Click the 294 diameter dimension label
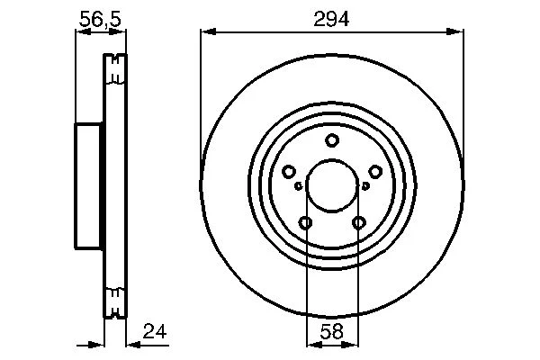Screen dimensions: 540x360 [331, 19]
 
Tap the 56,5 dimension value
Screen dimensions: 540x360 [100, 19]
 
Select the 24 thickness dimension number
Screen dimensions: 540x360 [155, 331]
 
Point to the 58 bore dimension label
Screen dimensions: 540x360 [331, 332]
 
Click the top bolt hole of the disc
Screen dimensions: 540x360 [332, 140]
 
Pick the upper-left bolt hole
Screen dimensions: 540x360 [289, 172]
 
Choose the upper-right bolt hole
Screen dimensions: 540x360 [375, 172]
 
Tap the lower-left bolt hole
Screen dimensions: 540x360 [305, 222]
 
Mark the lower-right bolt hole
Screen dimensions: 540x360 [359, 222]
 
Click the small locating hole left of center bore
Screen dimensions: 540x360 [299, 186]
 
